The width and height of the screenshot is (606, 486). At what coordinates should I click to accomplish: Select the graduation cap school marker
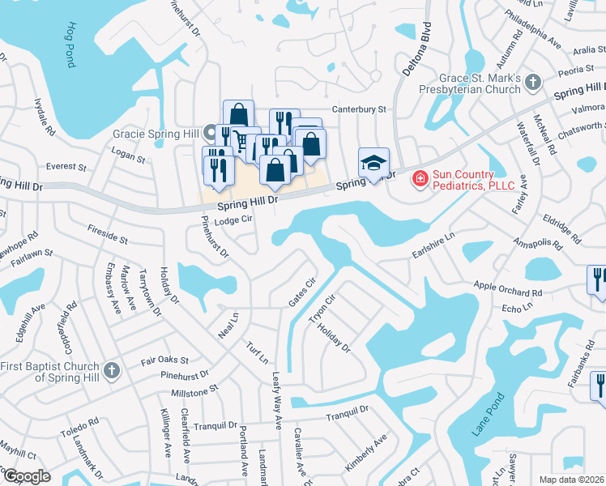pyautogui.click(x=373, y=164)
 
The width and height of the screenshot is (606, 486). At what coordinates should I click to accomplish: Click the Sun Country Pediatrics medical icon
pyautogui.click(x=420, y=178)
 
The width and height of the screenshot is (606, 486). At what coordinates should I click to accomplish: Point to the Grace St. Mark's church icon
pyautogui.click(x=532, y=82)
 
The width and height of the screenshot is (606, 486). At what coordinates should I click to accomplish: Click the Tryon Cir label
pyautogui.click(x=322, y=309)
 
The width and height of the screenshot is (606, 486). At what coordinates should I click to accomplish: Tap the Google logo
pyautogui.click(x=27, y=477)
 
